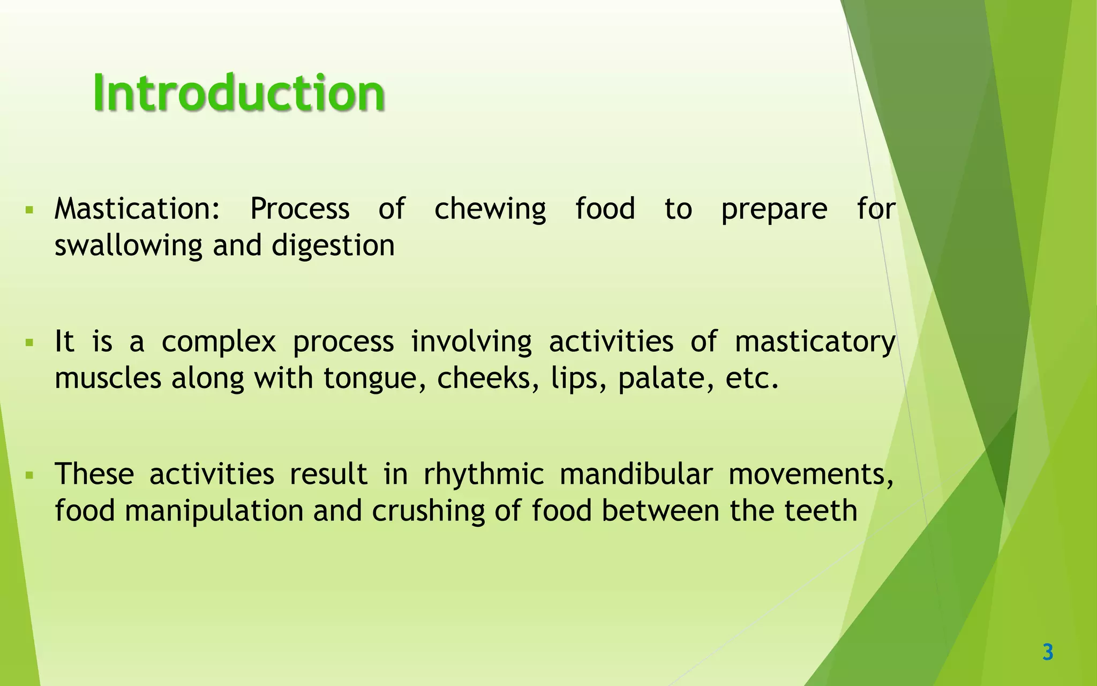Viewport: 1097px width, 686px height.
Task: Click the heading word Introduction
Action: click(239, 93)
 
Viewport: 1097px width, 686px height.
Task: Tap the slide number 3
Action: click(1048, 652)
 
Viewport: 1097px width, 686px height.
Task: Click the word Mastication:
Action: click(137, 208)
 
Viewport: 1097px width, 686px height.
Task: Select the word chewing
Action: click(490, 210)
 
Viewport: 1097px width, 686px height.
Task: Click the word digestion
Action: click(333, 246)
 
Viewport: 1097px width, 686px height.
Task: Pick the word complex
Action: click(219, 342)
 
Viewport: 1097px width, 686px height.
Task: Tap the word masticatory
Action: click(814, 342)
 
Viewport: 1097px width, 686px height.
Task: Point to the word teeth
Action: click(821, 510)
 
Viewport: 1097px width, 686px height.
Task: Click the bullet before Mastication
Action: click(29, 209)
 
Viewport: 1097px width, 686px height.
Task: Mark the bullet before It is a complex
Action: click(29, 341)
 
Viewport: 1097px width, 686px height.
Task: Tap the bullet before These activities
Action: click(29, 474)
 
